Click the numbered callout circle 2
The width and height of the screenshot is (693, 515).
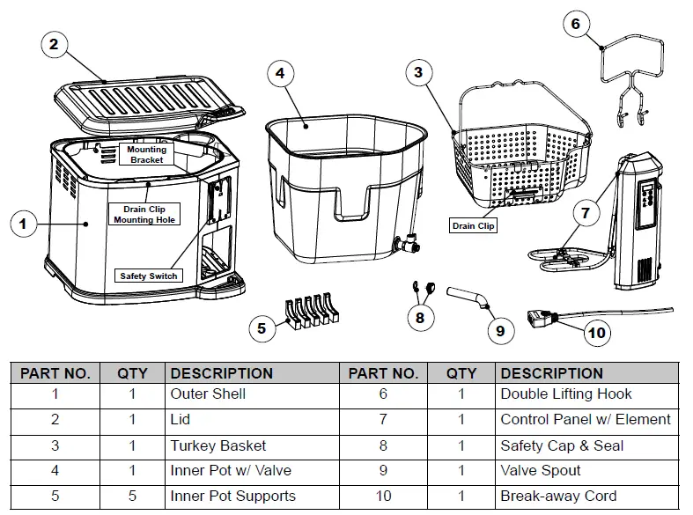pos(54,45)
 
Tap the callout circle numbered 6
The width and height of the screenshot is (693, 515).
pos(576,24)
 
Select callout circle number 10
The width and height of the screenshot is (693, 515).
pos(597,333)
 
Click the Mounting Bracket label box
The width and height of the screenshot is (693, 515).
pos(146,155)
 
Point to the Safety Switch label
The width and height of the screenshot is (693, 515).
pos(149,276)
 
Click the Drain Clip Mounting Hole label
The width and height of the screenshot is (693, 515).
pos(145,214)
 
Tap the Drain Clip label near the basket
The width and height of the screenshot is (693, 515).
pos(474,226)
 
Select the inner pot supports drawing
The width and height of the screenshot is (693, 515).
pos(310,313)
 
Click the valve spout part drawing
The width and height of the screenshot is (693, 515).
pos(467,296)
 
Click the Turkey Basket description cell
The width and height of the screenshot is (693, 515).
pos(217,445)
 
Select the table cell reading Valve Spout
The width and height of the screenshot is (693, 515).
pos(541,471)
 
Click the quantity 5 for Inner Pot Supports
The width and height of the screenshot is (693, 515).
pos(132,496)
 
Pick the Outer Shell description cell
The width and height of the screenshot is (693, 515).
pos(208,394)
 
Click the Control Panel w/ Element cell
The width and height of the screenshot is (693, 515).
pos(585,420)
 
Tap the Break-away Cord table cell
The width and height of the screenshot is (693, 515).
pos(558,496)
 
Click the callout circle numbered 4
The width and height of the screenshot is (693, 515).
pos(280,74)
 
